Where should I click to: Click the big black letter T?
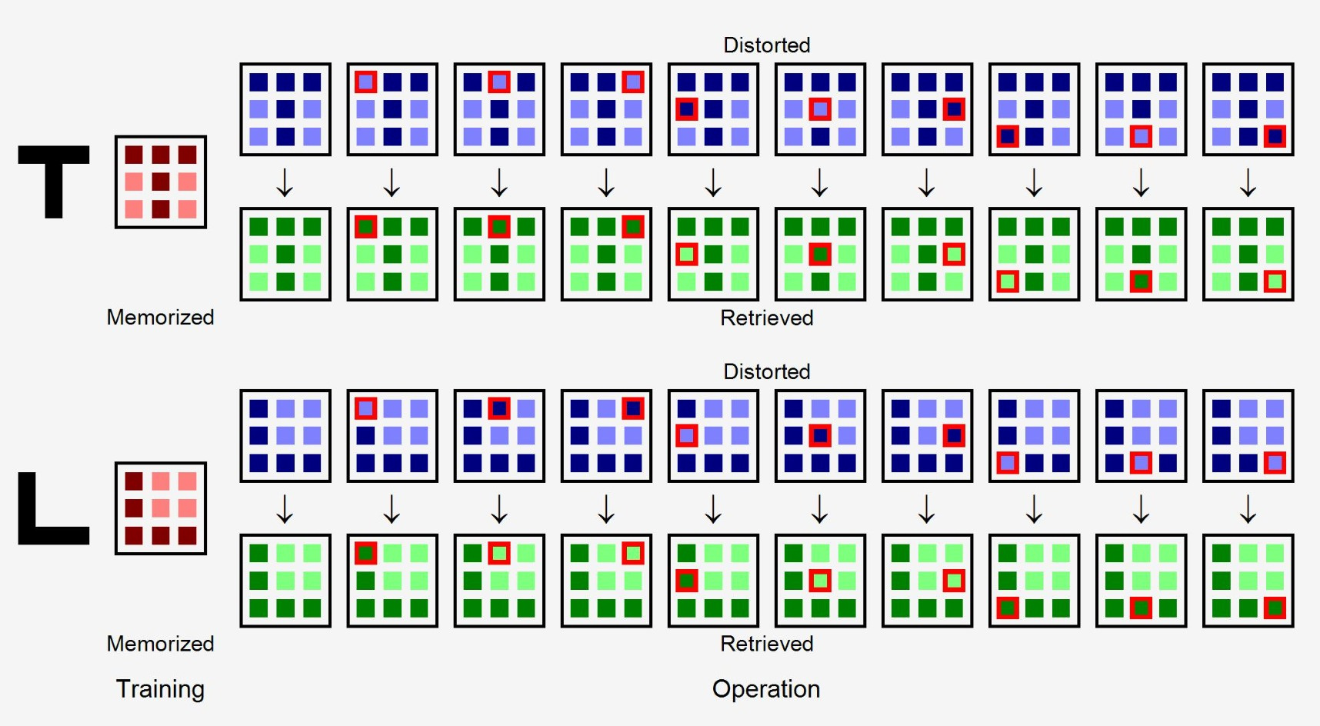(54, 182)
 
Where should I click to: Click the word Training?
(160, 689)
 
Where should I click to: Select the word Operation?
(766, 689)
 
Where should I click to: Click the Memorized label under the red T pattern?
(160, 317)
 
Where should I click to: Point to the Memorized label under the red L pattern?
(160, 644)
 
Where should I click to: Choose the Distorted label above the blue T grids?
(767, 45)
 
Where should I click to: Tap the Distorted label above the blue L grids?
(767, 371)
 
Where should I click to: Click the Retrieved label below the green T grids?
(767, 318)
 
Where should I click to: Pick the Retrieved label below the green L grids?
(767, 644)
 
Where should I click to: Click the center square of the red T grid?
(161, 182)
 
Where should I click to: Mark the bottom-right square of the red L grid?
(188, 535)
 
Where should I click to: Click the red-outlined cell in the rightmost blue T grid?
(1275, 136)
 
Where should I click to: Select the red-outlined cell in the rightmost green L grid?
(1275, 608)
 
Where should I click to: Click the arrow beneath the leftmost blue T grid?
(285, 182)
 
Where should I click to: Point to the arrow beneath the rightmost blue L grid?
(1248, 509)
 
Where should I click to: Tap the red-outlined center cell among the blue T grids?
(820, 109)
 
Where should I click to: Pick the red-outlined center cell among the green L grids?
(820, 581)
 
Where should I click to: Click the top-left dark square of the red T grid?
(134, 155)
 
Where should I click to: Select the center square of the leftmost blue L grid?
(285, 436)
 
